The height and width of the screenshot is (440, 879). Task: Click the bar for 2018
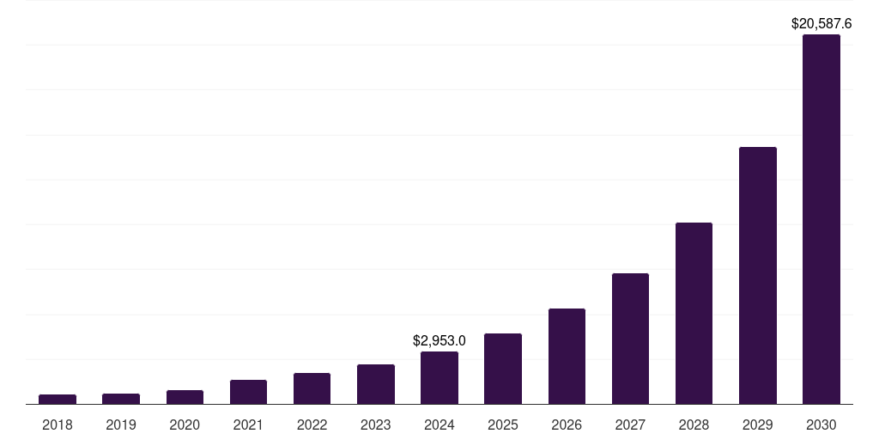[x=58, y=399]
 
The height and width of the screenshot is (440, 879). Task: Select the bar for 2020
[x=185, y=397]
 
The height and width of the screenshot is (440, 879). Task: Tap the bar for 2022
[x=312, y=388]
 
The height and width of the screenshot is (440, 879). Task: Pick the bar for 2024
[x=439, y=378]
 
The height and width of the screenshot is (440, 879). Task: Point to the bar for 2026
[x=567, y=357]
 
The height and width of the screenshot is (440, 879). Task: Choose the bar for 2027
[x=630, y=339]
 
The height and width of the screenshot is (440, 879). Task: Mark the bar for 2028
[x=694, y=314]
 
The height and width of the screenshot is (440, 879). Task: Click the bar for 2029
[x=757, y=275]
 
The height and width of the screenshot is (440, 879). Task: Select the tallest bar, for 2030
[x=821, y=219]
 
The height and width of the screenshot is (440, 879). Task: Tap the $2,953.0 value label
[x=439, y=341]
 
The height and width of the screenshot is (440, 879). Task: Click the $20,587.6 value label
[x=821, y=24]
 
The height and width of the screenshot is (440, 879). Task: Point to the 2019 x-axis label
[x=121, y=425]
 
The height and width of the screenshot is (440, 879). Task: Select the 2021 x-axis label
[x=248, y=425]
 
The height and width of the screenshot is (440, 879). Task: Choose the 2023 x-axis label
[x=376, y=425]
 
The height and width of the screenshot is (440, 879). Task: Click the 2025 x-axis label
[x=503, y=425]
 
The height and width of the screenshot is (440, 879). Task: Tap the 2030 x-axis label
[x=821, y=425]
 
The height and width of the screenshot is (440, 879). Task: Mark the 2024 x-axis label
[x=439, y=425]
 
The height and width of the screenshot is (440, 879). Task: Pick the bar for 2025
[x=503, y=369]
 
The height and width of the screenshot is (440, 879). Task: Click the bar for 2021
[x=248, y=392]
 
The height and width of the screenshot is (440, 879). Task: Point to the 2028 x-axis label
[x=694, y=425]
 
